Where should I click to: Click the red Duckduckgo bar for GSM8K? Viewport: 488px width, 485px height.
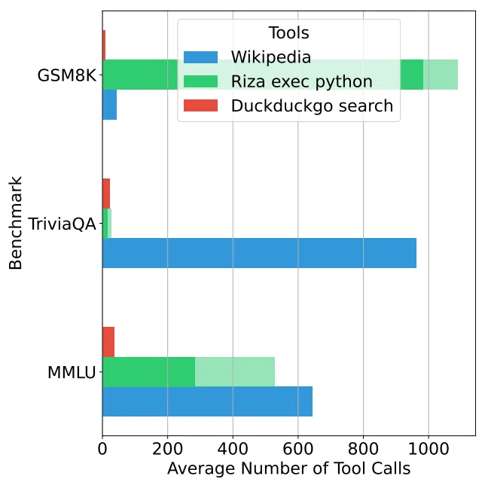[x=104, y=45]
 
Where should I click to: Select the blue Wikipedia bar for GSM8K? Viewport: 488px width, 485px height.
[x=109, y=105]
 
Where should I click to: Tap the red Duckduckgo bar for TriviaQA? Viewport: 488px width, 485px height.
[x=106, y=194]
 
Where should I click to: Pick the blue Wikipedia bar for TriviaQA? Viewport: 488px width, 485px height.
[x=260, y=253]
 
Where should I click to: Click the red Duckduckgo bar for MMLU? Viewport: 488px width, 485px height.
[x=108, y=342]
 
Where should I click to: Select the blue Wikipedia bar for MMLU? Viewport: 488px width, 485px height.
[x=208, y=401]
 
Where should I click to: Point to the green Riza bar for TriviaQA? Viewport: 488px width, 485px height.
[x=107, y=224]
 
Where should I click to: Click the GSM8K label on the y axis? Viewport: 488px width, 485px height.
[x=66, y=75]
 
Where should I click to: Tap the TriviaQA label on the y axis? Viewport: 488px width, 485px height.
[x=63, y=224]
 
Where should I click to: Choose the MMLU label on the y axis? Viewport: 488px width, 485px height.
[x=72, y=372]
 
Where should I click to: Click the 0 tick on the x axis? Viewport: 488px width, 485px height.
[x=102, y=449]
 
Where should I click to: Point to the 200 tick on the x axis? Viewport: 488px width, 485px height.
[x=167, y=449]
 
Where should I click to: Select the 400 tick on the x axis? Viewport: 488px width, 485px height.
[x=233, y=449]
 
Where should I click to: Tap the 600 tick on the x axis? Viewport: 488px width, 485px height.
[x=297, y=449]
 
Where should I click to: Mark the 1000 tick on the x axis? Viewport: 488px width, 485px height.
[x=429, y=449]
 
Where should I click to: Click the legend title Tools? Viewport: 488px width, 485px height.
[x=289, y=33]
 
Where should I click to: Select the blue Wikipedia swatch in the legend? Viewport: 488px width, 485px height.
[x=201, y=57]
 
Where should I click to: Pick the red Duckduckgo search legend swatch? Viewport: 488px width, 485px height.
[x=201, y=105]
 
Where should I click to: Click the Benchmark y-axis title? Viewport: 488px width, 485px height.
[x=15, y=223]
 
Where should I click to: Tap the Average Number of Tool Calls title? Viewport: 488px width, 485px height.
[x=289, y=468]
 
